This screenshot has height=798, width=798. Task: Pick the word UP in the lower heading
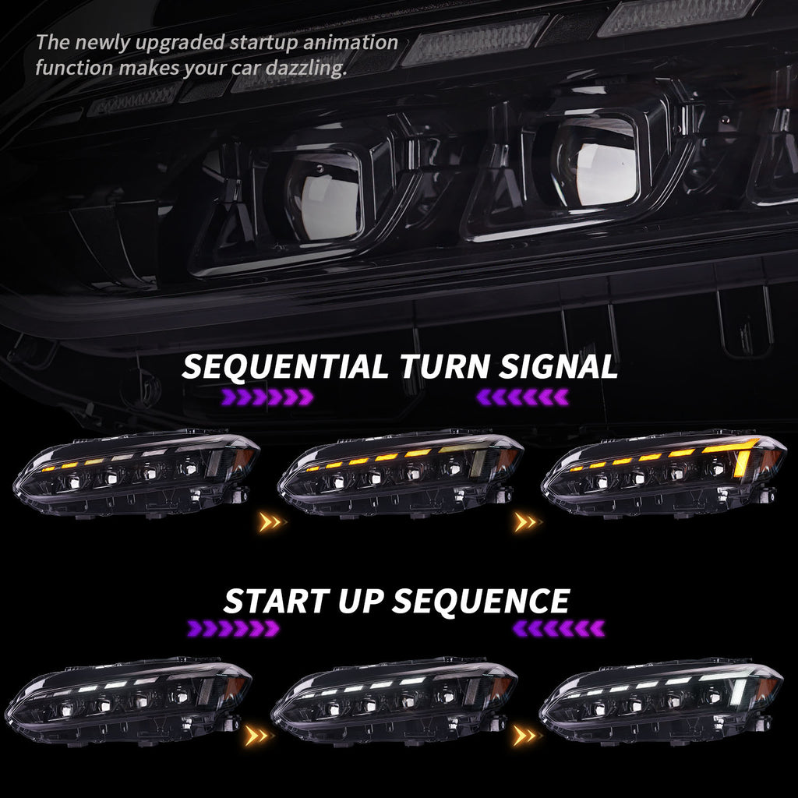(x=363, y=602)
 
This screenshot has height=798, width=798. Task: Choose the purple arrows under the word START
(x=233, y=628)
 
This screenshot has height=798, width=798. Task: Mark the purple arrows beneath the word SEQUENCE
(x=559, y=628)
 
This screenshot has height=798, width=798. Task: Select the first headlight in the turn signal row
(x=136, y=471)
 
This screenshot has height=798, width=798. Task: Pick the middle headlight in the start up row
(x=394, y=697)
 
